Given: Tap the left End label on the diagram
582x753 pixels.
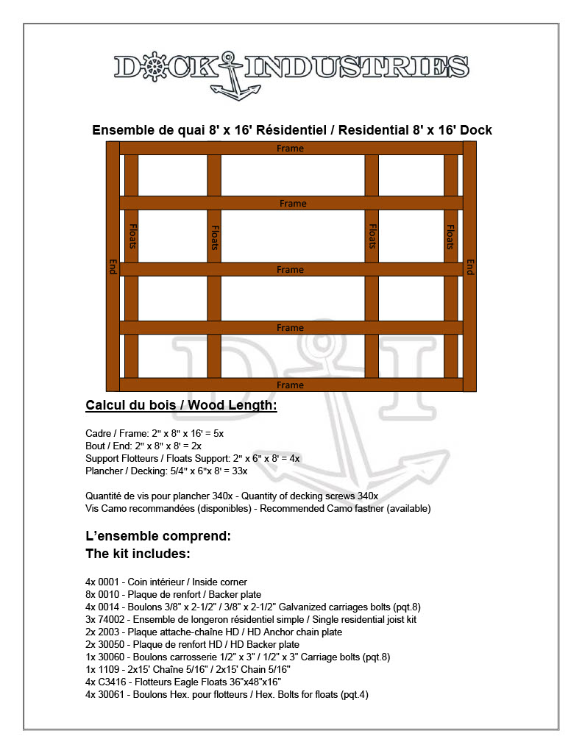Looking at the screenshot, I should [113, 266].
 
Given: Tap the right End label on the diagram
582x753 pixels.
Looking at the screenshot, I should [469, 266].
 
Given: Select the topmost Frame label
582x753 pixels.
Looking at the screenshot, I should [290, 149].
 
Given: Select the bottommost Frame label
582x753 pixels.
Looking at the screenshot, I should [290, 385].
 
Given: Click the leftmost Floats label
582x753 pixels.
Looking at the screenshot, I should [132, 236].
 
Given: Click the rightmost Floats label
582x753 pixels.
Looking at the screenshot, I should [450, 236].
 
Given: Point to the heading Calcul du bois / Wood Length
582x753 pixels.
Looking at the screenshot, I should [181, 405].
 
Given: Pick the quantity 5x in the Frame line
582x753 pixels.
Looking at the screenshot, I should [219, 433].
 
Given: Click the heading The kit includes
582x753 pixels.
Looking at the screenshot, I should [138, 553].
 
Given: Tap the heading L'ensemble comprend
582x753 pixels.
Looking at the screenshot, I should [158, 536].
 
